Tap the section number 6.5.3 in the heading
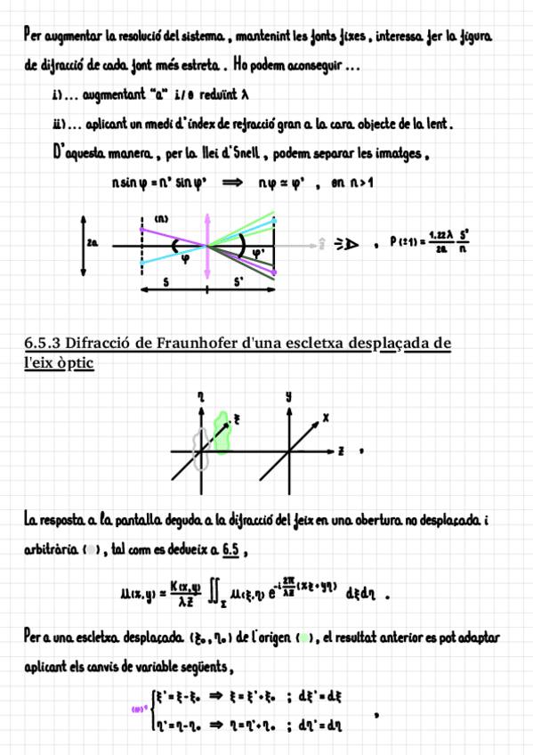tap(42, 343)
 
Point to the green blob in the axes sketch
tap(222, 430)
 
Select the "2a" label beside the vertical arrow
tap(93, 241)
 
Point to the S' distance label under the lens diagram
tap(238, 281)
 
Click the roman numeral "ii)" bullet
tap(61, 126)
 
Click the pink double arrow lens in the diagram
tap(207, 243)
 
